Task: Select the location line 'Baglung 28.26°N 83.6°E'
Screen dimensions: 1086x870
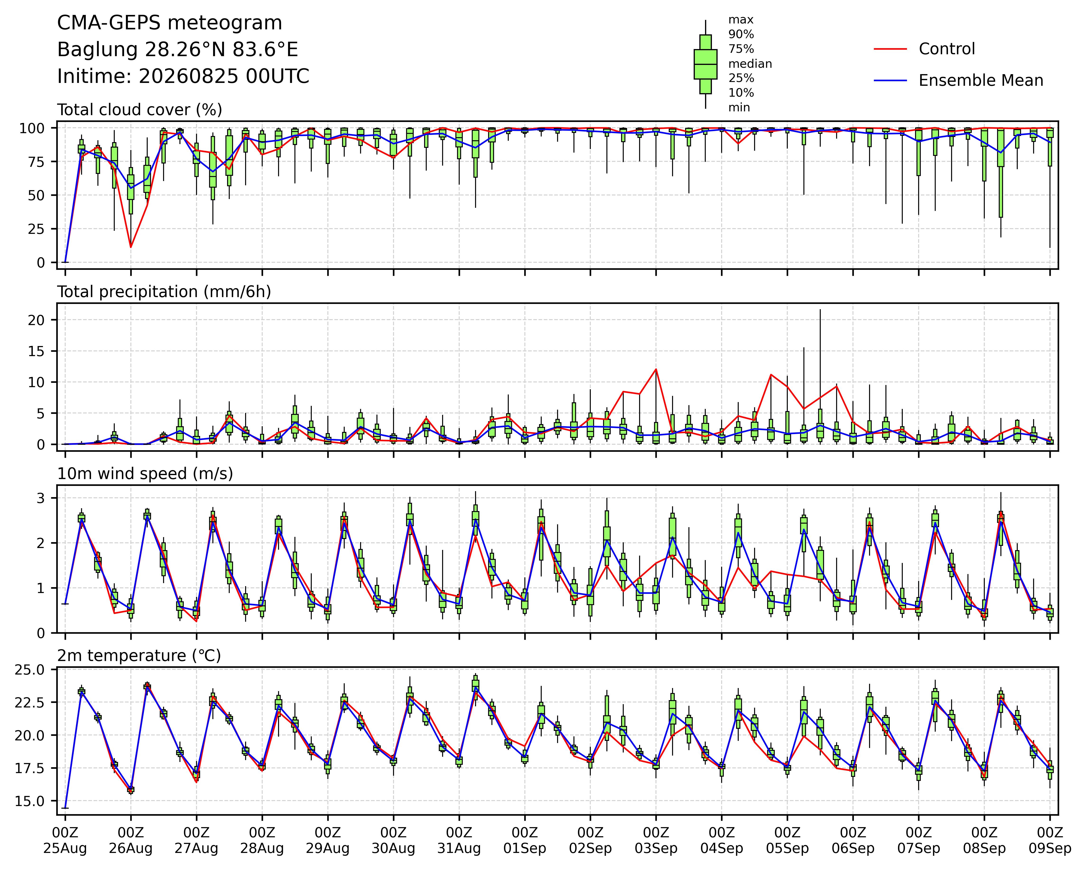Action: pos(178,50)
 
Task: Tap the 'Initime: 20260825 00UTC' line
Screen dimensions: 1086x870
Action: pos(183,77)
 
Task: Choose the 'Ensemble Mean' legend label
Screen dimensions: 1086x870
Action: pos(981,81)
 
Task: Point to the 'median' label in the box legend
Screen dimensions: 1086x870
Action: pos(750,64)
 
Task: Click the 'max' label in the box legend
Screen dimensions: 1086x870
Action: pos(741,20)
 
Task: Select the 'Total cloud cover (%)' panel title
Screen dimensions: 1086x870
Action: pos(140,110)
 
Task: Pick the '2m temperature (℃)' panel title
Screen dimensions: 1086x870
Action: pos(139,656)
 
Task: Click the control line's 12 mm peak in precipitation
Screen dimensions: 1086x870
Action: pos(656,369)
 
